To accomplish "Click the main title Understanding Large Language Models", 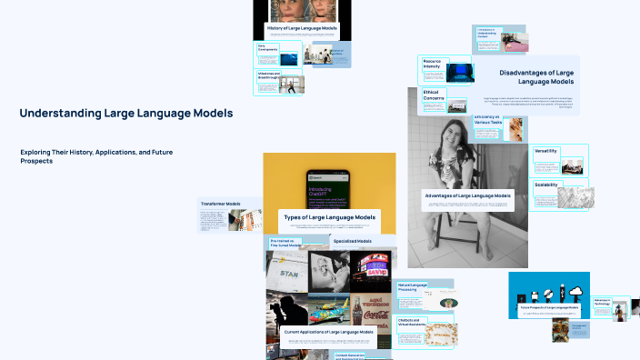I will pos(125,114).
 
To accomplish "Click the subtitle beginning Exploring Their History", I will pos(96,156).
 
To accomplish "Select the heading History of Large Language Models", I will pos(289,29).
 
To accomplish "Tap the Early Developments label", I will pos(267,46).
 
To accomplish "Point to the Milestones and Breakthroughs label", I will pos(269,76).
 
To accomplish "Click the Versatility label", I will pos(546,150).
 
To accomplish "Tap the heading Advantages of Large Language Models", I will pos(468,195).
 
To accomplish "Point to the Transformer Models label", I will pos(221,204).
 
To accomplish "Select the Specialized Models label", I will pos(352,241).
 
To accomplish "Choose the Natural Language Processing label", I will pos(413,288).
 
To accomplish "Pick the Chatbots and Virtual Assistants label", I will pos(415,323).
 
